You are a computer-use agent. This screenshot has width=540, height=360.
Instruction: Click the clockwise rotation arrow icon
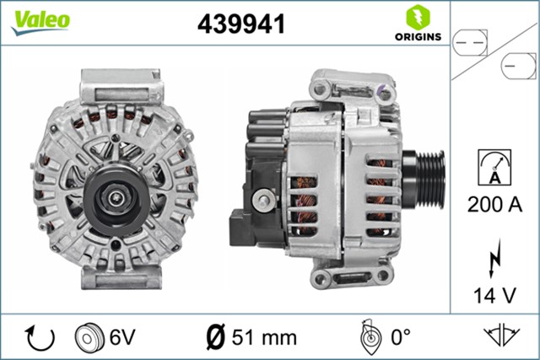click(40, 337)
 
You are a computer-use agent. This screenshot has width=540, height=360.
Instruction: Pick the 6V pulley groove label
click(122, 337)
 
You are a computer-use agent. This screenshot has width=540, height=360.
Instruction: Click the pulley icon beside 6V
click(88, 337)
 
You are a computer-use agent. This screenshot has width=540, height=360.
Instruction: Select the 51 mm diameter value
click(268, 337)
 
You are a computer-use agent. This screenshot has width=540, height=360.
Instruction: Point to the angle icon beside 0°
click(369, 337)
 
